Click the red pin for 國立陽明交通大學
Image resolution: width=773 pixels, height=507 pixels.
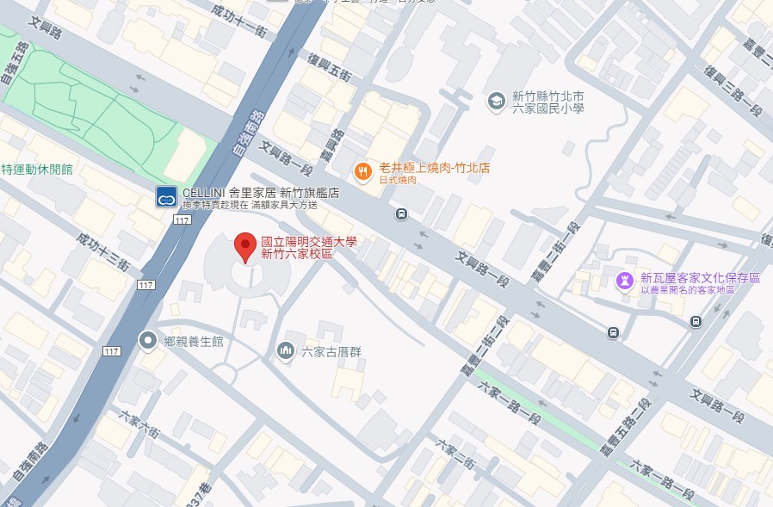[245, 247]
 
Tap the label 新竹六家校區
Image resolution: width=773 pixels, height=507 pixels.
[297, 255]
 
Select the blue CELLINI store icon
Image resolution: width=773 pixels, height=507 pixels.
[166, 198]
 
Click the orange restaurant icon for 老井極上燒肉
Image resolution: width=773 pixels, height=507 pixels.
[363, 170]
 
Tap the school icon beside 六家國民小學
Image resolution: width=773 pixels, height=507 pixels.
[495, 102]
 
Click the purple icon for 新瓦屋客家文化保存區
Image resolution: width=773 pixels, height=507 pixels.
[625, 280]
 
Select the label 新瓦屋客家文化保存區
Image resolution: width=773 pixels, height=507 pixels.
[700, 278]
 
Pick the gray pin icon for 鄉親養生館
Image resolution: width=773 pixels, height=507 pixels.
[148, 341]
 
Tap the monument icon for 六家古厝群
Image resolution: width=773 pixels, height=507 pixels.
[285, 350]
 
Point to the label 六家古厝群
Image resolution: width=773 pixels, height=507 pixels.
[332, 351]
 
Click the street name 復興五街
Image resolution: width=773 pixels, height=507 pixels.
[330, 68]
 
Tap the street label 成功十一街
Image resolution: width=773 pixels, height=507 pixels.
[244, 18]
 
